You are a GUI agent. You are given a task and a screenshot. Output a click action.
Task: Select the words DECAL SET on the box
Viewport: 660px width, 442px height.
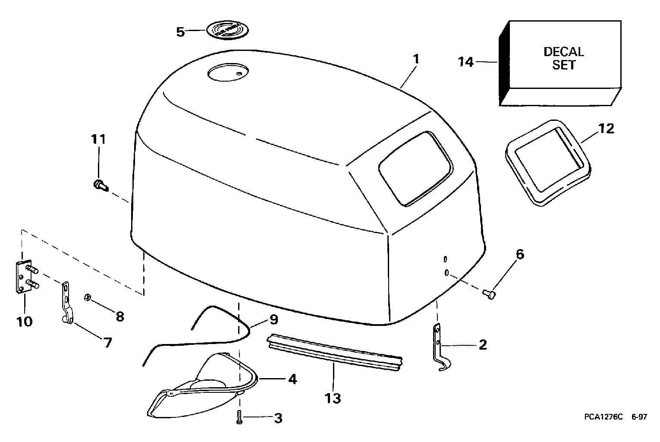tap(563, 58)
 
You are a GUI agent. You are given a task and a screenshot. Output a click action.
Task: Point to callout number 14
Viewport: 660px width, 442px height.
tap(466, 63)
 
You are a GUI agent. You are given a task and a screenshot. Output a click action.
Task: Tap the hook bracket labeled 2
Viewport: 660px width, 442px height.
tap(439, 347)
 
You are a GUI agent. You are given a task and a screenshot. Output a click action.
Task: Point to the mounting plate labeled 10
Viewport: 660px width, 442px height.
tap(25, 277)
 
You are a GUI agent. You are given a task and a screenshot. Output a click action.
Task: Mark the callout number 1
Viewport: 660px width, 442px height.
tap(416, 60)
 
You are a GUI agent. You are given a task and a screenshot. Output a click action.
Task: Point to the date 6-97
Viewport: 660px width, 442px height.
tap(639, 417)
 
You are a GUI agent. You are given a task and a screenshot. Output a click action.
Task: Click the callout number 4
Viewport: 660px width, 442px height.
tap(292, 380)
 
